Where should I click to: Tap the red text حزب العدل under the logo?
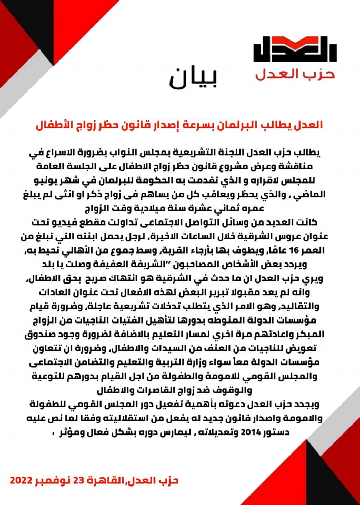(x=295, y=74)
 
